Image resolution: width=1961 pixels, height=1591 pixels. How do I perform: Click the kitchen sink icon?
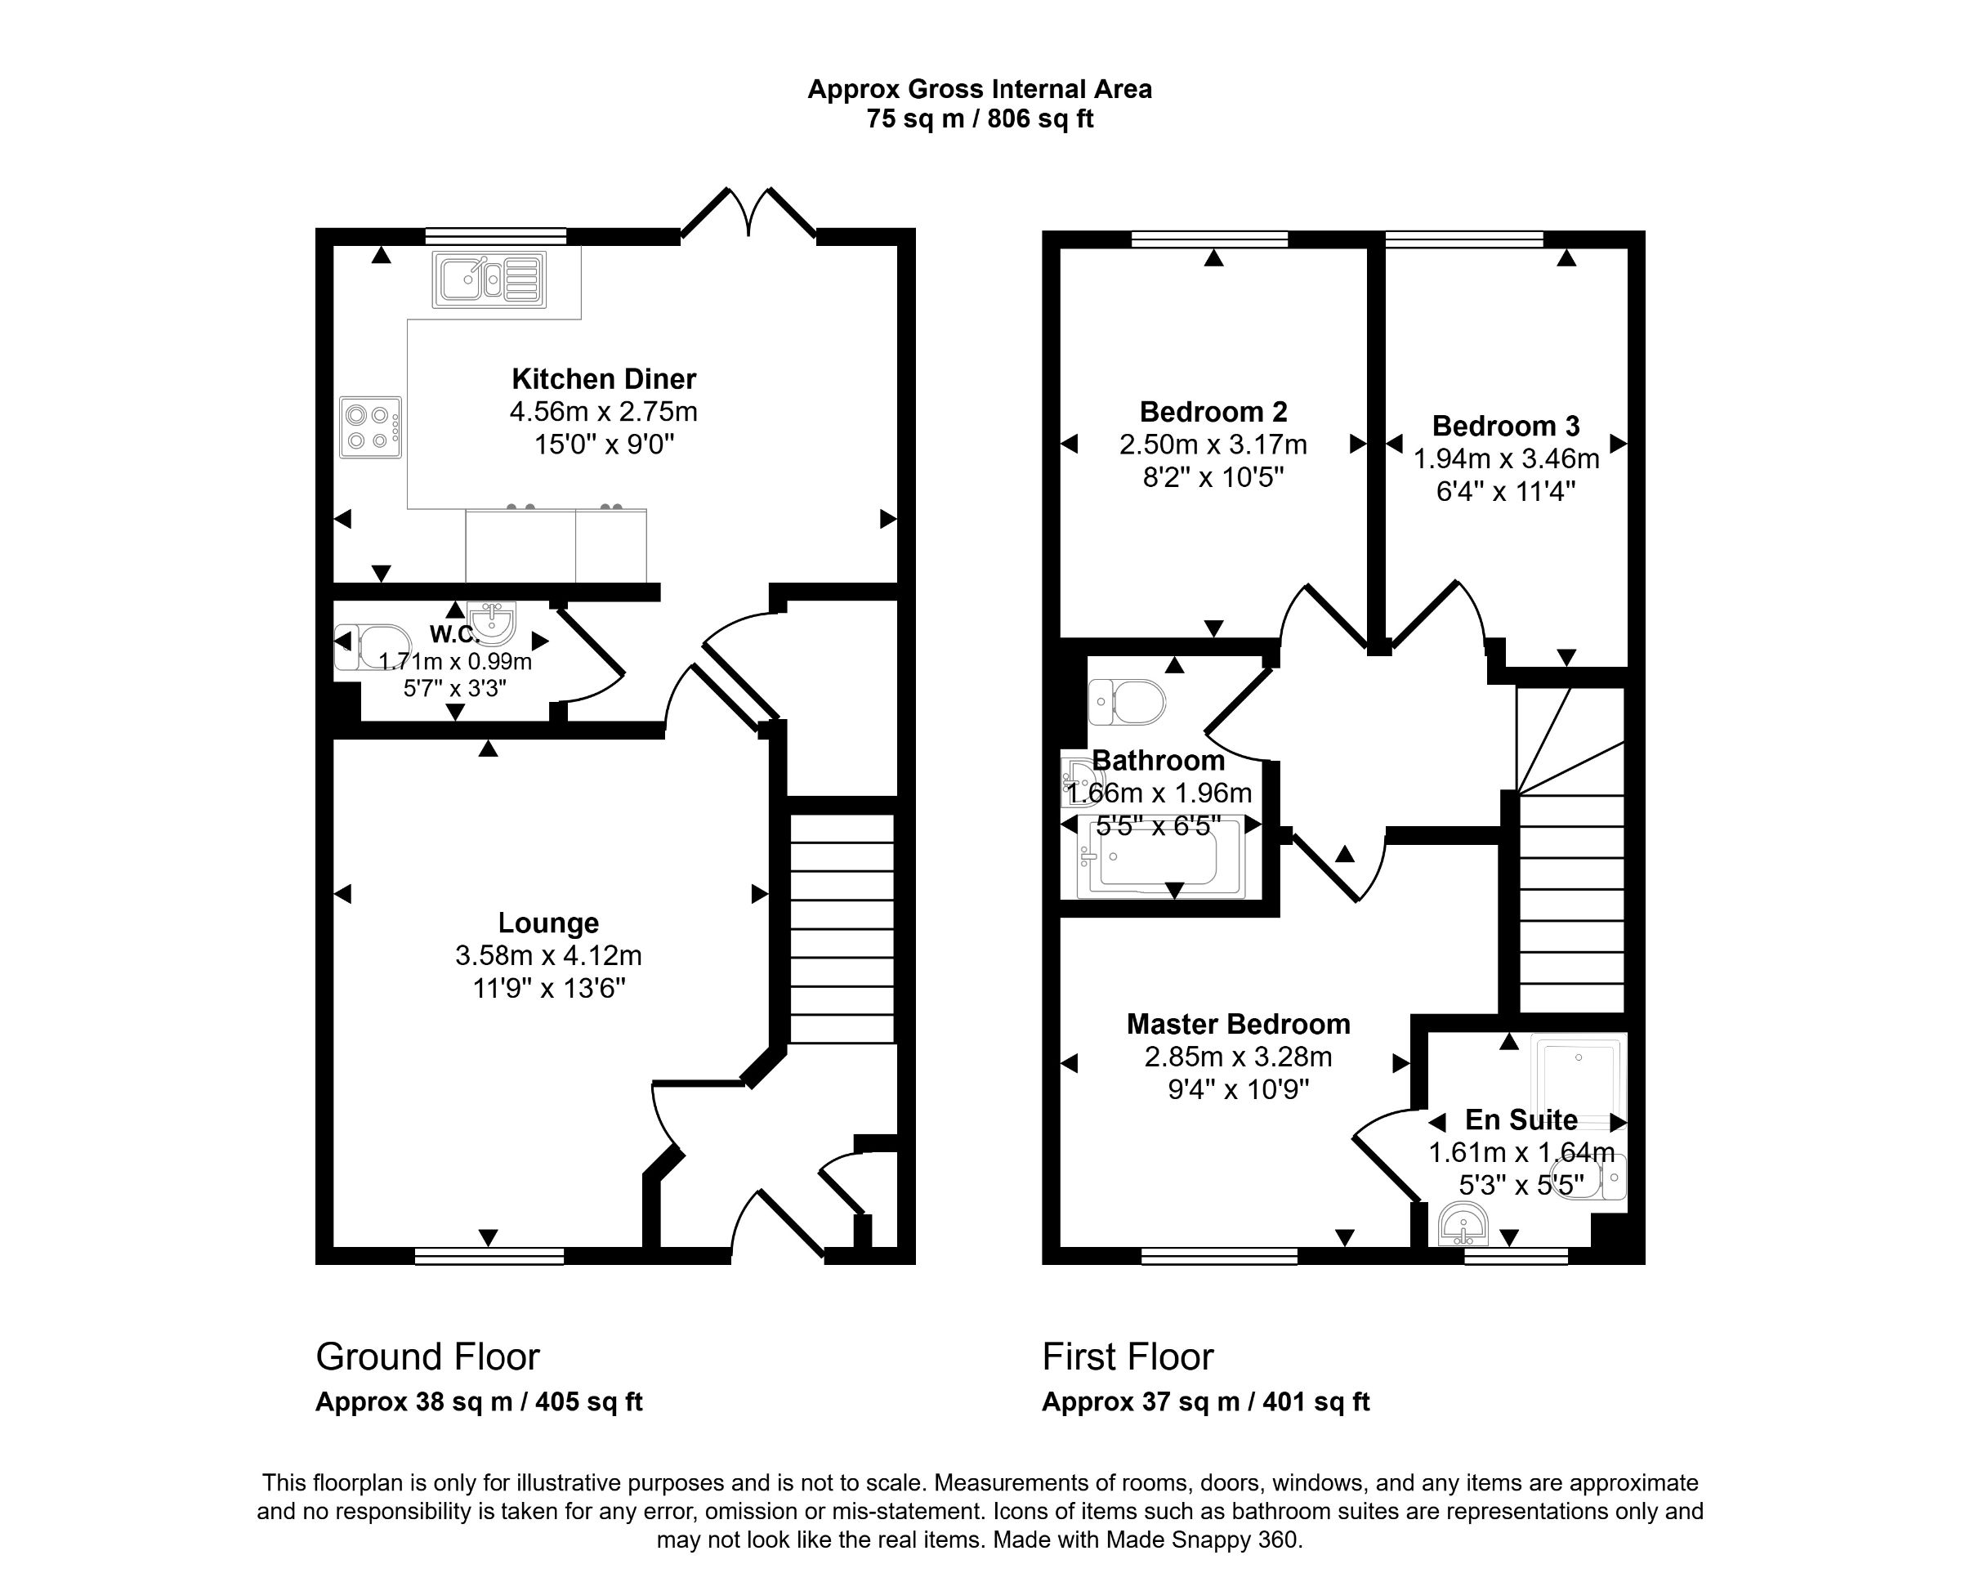click(489, 279)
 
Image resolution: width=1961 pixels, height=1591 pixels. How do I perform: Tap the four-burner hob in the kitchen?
click(370, 427)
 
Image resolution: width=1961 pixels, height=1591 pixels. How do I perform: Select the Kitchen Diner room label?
click(603, 378)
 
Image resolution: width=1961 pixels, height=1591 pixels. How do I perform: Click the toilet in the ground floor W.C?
click(372, 647)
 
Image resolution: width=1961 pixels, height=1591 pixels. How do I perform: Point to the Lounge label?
click(548, 922)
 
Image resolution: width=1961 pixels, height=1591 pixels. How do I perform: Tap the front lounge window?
click(489, 1257)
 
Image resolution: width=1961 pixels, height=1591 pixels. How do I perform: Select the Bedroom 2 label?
click(1213, 412)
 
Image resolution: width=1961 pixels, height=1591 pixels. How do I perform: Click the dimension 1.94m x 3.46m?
click(1506, 458)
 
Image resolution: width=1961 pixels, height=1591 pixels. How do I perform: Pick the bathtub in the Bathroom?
click(1161, 857)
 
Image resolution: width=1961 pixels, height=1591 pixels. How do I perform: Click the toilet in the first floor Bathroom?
click(1128, 702)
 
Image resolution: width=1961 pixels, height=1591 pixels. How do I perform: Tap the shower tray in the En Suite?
click(1578, 1079)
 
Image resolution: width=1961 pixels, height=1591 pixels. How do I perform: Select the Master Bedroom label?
click(1238, 1024)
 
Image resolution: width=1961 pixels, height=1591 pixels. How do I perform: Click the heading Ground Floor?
click(427, 1356)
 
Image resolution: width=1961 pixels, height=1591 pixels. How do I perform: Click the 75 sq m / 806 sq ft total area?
click(980, 119)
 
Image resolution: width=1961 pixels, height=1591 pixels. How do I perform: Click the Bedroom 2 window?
click(1209, 239)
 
